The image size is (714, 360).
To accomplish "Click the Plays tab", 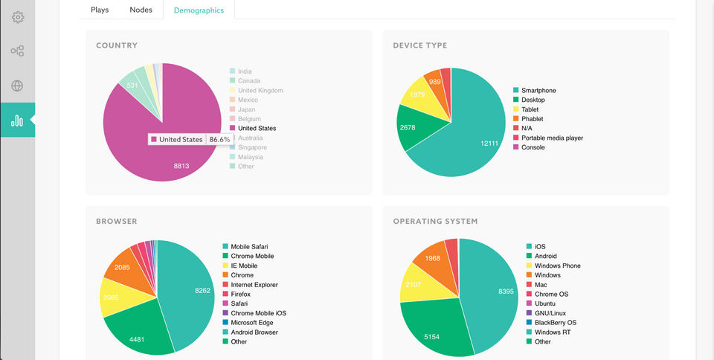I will (100, 10).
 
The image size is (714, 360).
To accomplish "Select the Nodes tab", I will (141, 10).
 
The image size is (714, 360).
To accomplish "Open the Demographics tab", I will (199, 10).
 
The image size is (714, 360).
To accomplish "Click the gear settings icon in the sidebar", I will (17, 17).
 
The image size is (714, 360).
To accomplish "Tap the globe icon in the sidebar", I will (17, 86).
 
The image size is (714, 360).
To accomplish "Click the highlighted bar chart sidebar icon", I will (17, 120).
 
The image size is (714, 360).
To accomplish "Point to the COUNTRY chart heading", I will (117, 45).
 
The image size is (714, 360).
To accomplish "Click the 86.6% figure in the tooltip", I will (219, 139).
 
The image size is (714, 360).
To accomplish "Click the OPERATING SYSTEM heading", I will (435, 221).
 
